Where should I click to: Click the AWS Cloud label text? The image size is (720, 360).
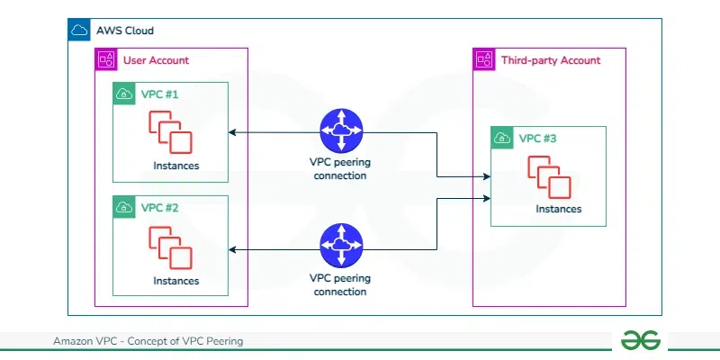pos(125,31)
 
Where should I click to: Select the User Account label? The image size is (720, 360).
pos(156,60)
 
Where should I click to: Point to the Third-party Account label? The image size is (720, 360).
pos(550,60)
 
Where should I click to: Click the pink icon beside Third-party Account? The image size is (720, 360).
pos(484,60)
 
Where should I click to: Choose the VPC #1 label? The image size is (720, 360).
pos(160,94)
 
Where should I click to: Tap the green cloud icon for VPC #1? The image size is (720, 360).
pos(124,94)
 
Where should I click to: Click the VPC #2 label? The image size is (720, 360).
pos(160,207)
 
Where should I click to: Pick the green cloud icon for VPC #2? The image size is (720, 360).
pos(124,207)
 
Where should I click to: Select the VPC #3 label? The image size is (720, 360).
pos(538,139)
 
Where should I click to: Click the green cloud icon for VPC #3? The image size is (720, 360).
pos(502,139)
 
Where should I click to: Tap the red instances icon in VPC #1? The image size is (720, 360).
pos(171,133)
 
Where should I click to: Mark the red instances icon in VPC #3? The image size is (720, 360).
pos(550,177)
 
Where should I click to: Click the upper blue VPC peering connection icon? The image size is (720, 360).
pos(341,132)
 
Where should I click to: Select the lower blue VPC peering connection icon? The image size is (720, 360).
pos(341,246)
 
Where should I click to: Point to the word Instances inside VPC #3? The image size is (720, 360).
pos(558,209)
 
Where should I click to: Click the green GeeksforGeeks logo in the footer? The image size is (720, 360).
pos(641,341)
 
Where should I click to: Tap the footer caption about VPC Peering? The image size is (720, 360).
pos(148,342)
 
